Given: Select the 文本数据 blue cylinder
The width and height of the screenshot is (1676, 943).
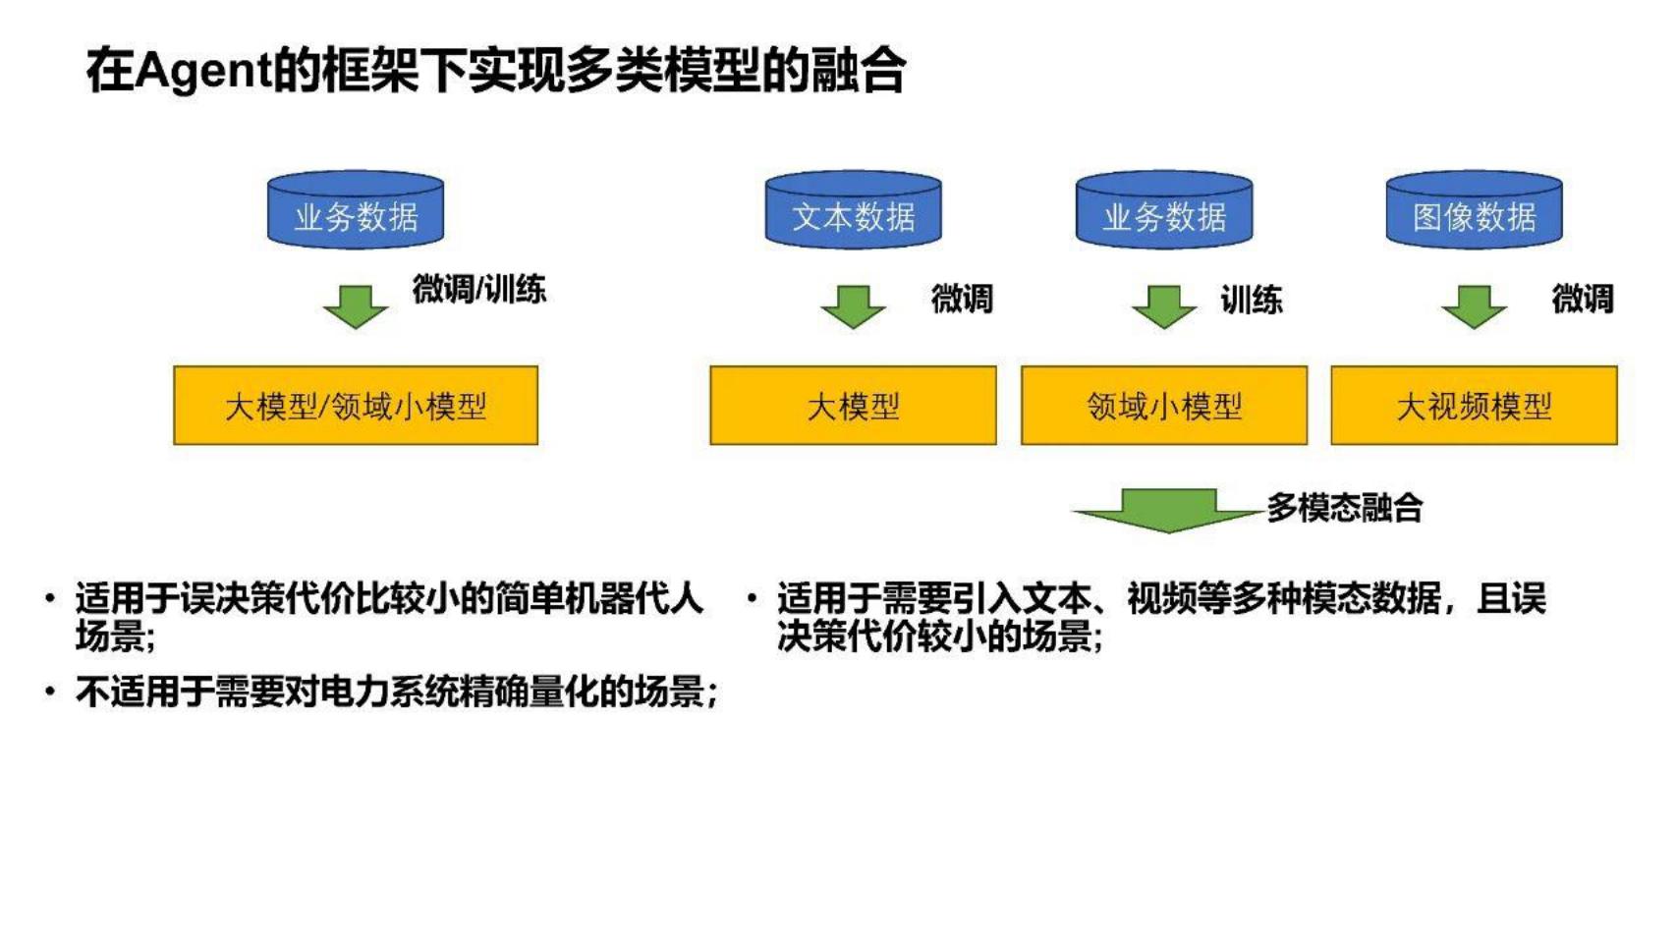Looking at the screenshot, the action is pyautogui.click(x=854, y=209).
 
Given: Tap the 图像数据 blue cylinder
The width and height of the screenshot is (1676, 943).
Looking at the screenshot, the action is pyautogui.click(x=1474, y=209).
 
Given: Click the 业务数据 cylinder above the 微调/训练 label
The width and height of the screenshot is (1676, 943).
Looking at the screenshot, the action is pyautogui.click(x=356, y=209).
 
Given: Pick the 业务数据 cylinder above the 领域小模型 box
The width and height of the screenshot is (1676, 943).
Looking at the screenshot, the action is pyautogui.click(x=1164, y=209).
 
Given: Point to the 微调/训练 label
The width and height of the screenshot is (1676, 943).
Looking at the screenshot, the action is pyautogui.click(x=478, y=289).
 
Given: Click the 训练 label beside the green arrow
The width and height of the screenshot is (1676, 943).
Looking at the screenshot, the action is pyautogui.click(x=1251, y=300).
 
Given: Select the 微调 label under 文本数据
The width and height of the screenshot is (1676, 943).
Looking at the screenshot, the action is pyautogui.click(x=962, y=300).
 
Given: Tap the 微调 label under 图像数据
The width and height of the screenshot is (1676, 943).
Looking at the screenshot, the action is pyautogui.click(x=1583, y=299).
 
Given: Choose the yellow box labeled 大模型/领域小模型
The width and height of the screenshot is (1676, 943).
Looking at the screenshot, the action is pyautogui.click(x=356, y=406).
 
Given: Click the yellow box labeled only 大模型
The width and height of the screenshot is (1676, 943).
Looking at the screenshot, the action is pyautogui.click(x=853, y=406).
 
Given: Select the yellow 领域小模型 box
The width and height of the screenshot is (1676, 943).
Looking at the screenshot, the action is pyautogui.click(x=1164, y=406).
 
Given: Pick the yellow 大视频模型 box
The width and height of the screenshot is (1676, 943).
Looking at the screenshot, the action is pyautogui.click(x=1474, y=406).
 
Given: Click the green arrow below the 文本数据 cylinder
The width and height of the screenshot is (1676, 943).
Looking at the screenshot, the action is pyautogui.click(x=853, y=306).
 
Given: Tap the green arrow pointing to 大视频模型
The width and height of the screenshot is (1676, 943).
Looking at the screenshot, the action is pyautogui.click(x=1474, y=306).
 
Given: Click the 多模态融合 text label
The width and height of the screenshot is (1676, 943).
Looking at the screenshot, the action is pyautogui.click(x=1345, y=508).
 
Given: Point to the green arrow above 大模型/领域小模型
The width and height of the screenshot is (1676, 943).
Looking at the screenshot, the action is pyautogui.click(x=356, y=306).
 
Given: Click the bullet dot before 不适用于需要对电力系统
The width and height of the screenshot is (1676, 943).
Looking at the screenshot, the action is pyautogui.click(x=50, y=692).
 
